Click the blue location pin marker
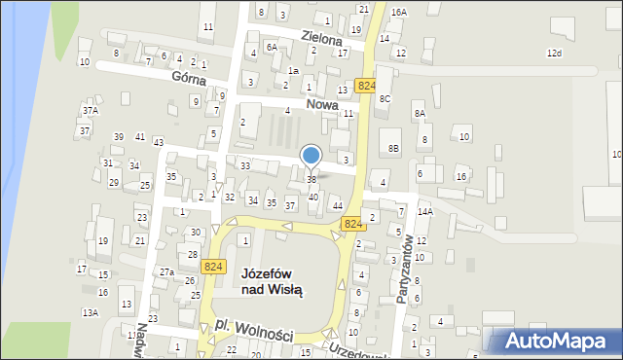pos(311,156)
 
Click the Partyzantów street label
pos(407,270)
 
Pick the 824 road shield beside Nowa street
pos(366,87)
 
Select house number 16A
pos(399,12)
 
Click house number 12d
pos(554,53)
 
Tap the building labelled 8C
pos(385,98)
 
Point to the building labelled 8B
pos(393,147)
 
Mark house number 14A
pos(424,211)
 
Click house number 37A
pos(90,112)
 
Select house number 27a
pos(166,272)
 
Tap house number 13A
pos(90,312)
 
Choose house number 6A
pos(273,46)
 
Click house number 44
pos(337,205)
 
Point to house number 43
pos(158,143)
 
